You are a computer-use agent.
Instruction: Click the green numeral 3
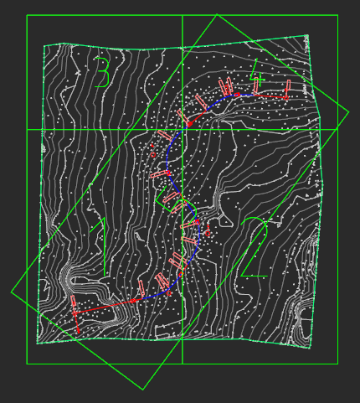click(103, 72)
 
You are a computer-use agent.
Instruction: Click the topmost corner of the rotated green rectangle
click(217, 14)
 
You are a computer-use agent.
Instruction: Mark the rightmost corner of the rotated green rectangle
click(348, 114)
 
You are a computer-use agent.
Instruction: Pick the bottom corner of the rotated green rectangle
click(142, 390)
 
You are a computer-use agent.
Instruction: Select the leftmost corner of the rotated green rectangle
click(11, 292)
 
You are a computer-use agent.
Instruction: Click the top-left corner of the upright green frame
click(27, 15)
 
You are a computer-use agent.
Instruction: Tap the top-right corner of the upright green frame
click(337, 15)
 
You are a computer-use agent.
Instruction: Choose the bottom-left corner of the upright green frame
click(27, 364)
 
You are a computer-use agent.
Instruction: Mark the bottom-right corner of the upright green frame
click(337, 364)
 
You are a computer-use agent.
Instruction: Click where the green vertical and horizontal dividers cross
click(183, 130)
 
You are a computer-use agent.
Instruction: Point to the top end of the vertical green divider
click(183, 15)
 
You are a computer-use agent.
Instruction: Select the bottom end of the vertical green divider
click(183, 364)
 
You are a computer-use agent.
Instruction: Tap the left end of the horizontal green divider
click(27, 130)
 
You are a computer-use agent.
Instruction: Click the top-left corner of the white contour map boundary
click(44, 45)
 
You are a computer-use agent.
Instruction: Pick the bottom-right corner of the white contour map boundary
click(311, 348)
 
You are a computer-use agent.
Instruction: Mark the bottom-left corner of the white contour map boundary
click(37, 344)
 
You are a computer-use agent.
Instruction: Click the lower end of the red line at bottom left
click(79, 333)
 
